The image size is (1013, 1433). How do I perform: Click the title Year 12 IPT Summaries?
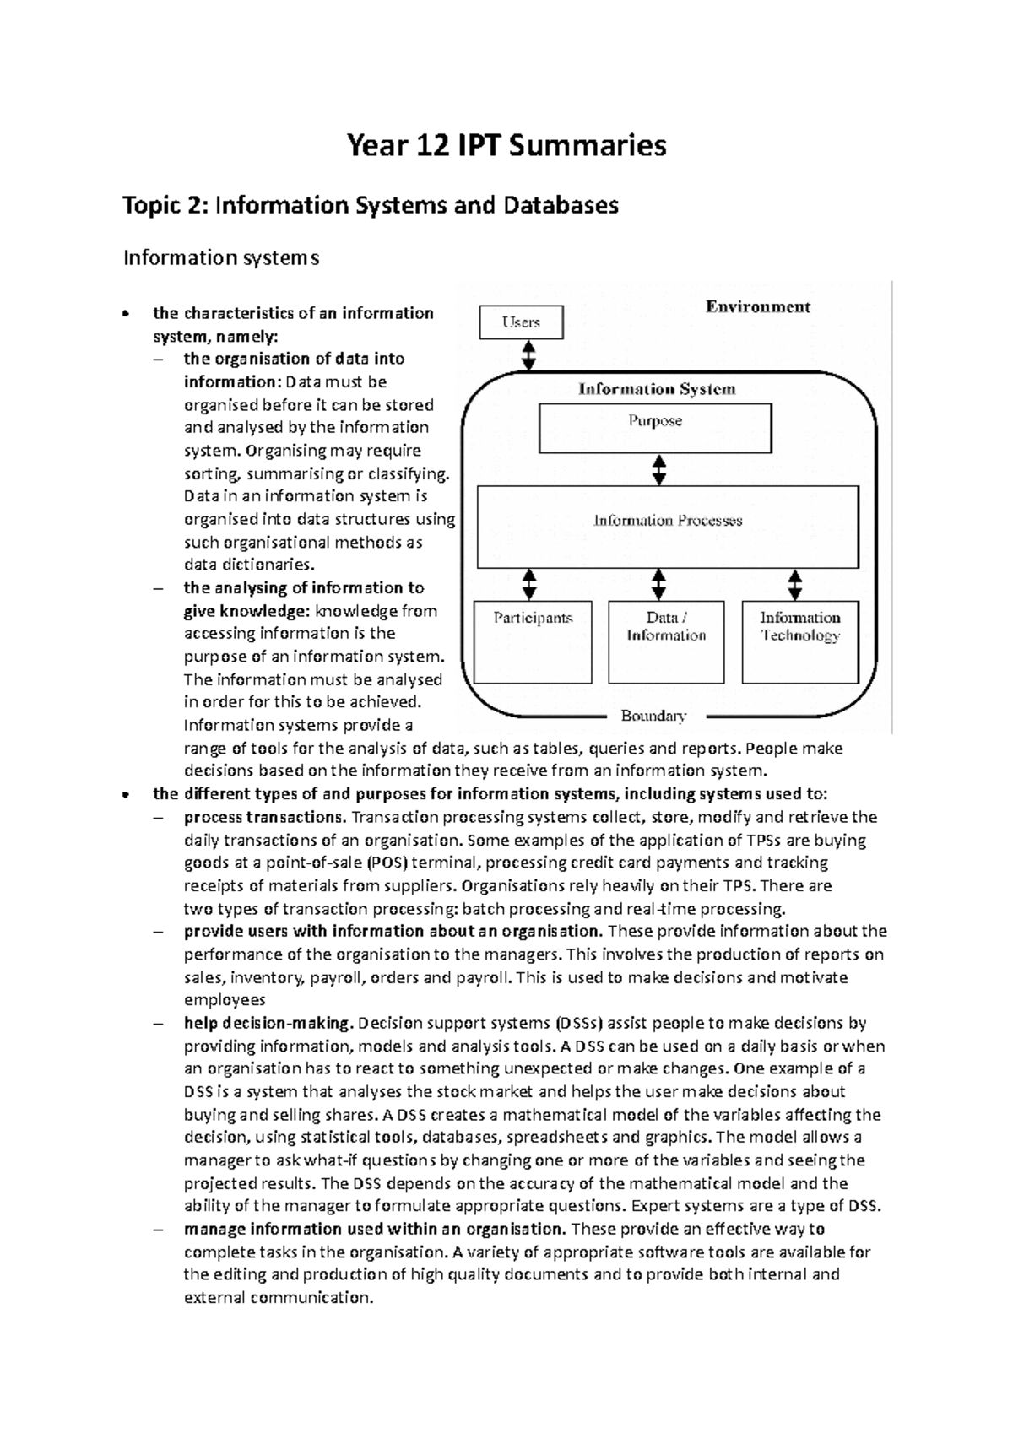point(506,145)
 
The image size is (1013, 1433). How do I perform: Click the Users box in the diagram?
point(521,322)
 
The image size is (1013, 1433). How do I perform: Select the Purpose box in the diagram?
point(655,428)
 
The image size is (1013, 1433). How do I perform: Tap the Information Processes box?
point(667,527)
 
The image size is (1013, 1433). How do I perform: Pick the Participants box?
point(533,641)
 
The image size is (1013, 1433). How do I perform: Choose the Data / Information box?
point(666,641)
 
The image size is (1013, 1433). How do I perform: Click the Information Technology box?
point(799,641)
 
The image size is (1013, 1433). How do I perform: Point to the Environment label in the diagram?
point(757,307)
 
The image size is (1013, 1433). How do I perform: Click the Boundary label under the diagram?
point(653,716)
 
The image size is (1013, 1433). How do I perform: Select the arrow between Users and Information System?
point(529,355)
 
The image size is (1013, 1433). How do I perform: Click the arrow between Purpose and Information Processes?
point(659,469)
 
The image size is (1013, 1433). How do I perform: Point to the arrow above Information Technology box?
point(794,584)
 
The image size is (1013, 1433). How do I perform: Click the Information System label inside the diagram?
point(656,389)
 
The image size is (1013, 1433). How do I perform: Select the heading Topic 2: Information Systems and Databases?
point(371,205)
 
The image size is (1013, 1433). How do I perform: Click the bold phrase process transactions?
point(263,817)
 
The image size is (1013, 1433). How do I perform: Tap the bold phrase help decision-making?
point(266,1023)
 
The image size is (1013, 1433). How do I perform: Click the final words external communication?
point(278,1297)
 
